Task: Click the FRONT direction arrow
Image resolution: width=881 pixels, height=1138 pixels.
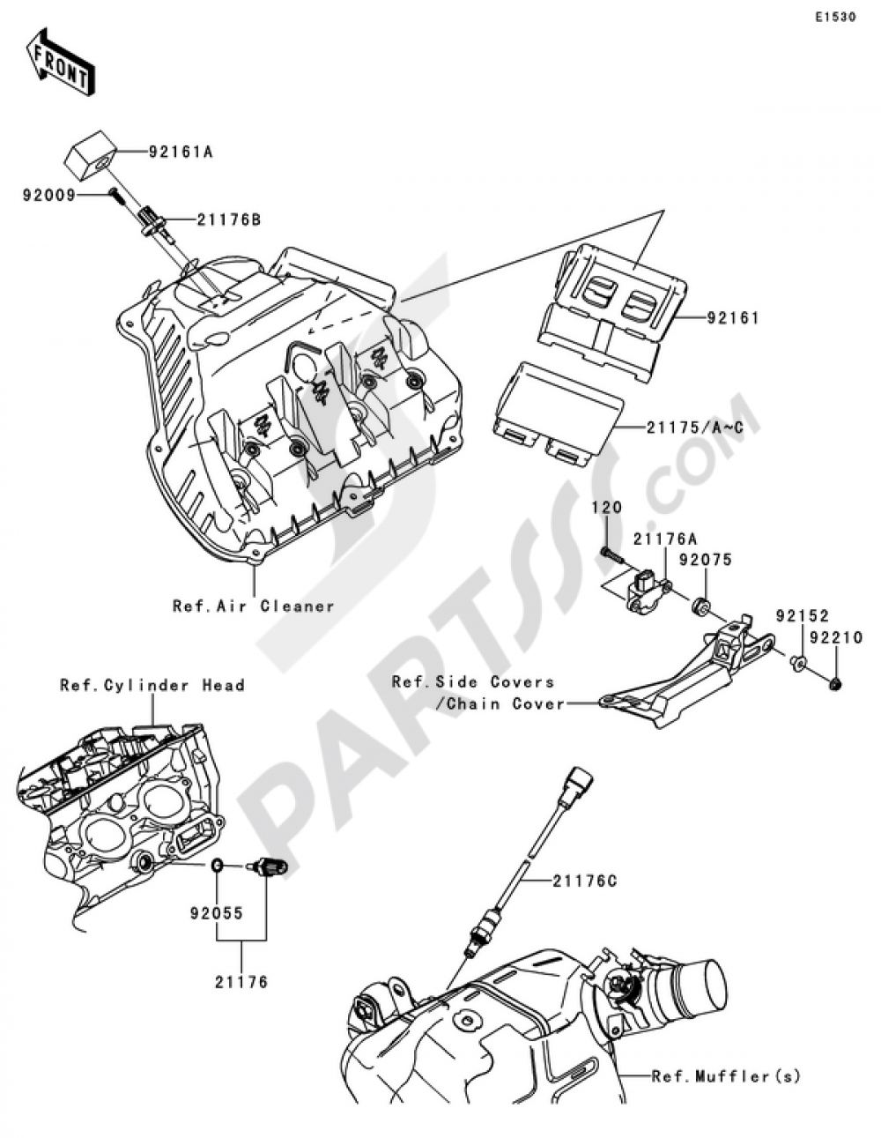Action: click(60, 63)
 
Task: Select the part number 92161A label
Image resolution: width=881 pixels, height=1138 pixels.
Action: click(181, 152)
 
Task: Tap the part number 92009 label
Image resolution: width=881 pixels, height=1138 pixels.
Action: click(49, 195)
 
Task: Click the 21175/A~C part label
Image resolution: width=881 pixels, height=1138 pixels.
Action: click(694, 427)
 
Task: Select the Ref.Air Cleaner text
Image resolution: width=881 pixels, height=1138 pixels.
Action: click(254, 606)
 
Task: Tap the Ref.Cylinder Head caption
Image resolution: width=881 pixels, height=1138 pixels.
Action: click(152, 685)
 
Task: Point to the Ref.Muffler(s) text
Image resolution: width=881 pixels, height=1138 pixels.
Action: click(726, 1075)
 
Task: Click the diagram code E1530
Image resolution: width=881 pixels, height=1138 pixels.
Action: click(834, 17)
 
